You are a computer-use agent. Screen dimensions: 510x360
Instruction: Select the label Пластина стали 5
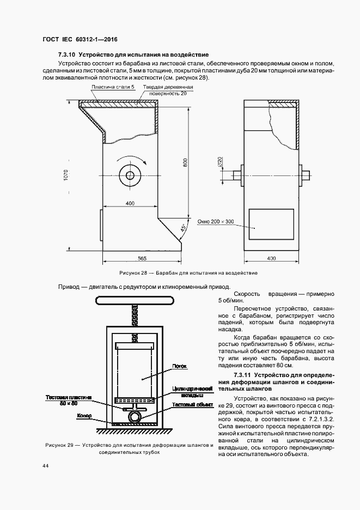(x=113, y=87)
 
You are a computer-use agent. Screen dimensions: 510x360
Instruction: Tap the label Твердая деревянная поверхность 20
(x=168, y=90)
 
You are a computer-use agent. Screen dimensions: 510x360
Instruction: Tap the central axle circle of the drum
(x=130, y=175)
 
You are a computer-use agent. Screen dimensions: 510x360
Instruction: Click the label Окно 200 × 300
(x=216, y=222)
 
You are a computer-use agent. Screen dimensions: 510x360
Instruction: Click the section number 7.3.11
(x=243, y=376)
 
